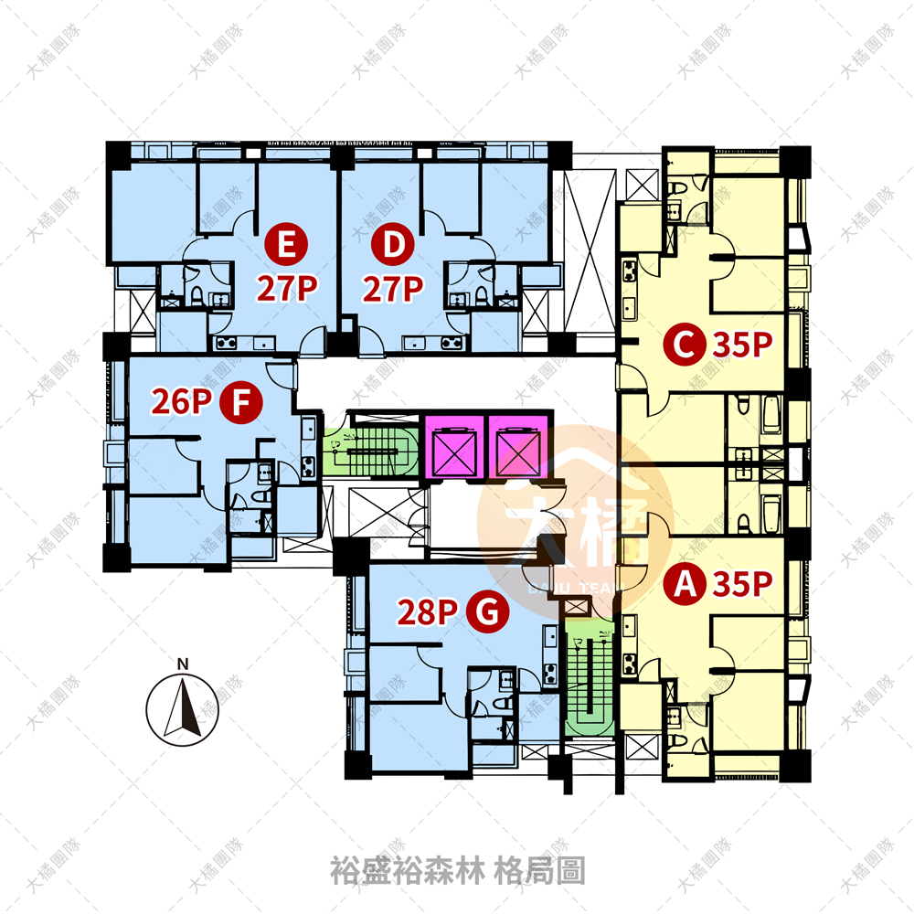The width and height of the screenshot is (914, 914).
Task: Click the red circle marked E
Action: click(286, 244)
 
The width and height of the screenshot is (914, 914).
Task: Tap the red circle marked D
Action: click(393, 244)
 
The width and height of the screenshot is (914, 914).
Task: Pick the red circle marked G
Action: click(487, 611)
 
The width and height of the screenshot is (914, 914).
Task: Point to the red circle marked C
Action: click(685, 344)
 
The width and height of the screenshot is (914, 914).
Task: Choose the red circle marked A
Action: click(685, 583)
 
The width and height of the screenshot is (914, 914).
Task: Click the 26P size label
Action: click(181, 401)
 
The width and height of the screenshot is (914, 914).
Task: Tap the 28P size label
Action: click(427, 612)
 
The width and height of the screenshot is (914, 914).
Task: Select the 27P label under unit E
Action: click(287, 288)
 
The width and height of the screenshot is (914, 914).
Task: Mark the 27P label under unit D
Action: click(393, 289)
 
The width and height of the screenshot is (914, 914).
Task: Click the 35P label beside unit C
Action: click(742, 345)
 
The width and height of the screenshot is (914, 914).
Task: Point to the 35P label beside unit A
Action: click(742, 583)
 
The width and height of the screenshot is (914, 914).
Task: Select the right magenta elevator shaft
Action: click(517, 446)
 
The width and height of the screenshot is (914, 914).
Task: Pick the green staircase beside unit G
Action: click(590, 676)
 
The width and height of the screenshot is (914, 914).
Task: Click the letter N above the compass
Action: click(183, 664)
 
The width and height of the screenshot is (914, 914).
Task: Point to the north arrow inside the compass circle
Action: click(183, 707)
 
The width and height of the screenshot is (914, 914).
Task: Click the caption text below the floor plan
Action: click(458, 870)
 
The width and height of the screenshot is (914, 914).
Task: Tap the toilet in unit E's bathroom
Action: click(197, 295)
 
